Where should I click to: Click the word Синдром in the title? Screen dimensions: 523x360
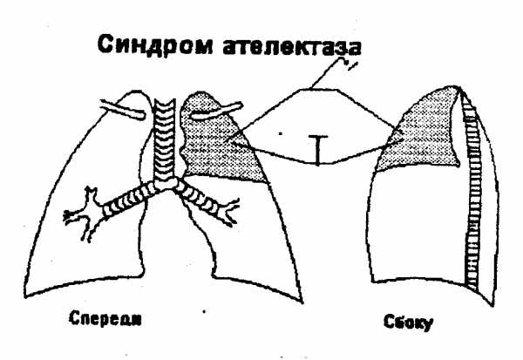pos(155,45)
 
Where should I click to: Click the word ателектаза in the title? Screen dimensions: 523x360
pos(291,47)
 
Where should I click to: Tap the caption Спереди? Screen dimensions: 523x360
pos(105,319)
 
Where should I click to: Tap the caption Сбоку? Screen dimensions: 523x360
pos(409,323)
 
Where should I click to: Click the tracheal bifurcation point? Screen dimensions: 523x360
pos(166,185)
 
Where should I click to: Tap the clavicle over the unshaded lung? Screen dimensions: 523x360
pos(123,109)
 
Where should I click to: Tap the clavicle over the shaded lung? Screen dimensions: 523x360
pos(216,111)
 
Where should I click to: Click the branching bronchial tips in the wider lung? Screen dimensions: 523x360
pos(84,214)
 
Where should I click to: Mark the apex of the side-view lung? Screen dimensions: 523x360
pos(458,87)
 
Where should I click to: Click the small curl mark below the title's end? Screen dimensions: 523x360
pos(348,63)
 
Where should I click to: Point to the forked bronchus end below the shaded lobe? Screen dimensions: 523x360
pos(231,212)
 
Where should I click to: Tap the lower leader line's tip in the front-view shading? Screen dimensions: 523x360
pos(233,143)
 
